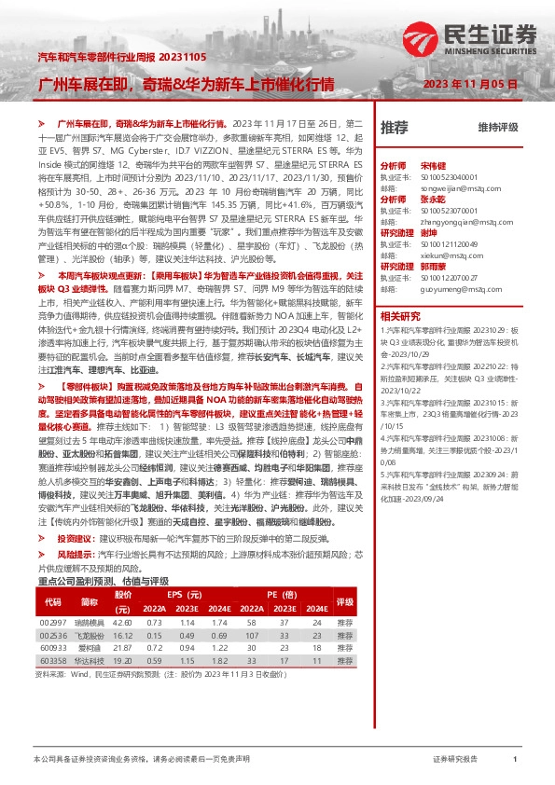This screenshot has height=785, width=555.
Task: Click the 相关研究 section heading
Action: (402, 316)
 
